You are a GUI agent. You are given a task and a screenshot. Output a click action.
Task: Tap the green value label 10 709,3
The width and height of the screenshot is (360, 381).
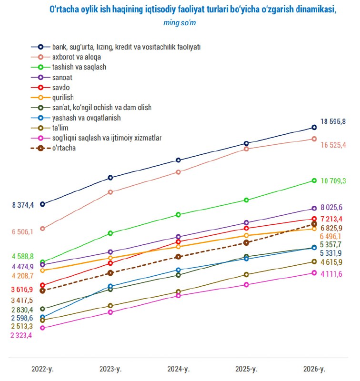pyautogui.click(x=333, y=181)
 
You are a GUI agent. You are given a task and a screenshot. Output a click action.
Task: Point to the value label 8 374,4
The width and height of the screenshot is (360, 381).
pyautogui.click(x=23, y=205)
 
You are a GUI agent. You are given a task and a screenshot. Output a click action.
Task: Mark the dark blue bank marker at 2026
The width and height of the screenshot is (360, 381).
pyautogui.click(x=314, y=127)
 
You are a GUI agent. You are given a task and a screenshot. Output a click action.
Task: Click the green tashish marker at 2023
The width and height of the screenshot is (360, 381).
pyautogui.click(x=110, y=233)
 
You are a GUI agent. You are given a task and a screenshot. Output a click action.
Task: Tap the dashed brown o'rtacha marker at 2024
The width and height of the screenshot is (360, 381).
pyautogui.click(x=178, y=257)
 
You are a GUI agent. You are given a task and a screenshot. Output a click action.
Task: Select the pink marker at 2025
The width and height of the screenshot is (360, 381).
pyautogui.click(x=246, y=285)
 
